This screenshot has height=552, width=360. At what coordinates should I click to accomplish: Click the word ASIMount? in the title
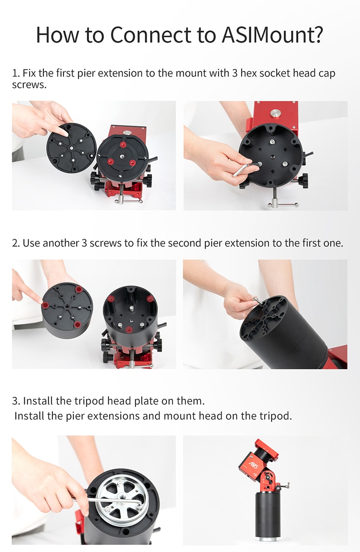[273, 35]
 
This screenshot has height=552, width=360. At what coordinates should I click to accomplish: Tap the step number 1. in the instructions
[16, 73]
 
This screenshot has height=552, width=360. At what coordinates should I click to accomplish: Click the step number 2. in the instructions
[16, 243]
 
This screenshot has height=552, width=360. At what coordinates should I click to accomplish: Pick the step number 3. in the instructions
[16, 401]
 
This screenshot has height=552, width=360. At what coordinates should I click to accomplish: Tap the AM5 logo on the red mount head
[254, 465]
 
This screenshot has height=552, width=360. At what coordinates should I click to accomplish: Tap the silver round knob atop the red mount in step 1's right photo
[275, 113]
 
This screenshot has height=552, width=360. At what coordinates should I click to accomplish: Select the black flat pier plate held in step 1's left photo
[72, 148]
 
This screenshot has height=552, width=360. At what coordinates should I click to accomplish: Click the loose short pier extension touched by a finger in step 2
[67, 310]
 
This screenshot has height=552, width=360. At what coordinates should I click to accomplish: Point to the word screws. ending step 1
[29, 85]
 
